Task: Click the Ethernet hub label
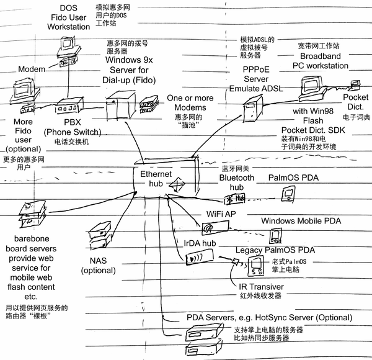coord(151,179)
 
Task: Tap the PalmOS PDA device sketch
coord(286,196)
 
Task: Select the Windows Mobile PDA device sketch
coord(274,235)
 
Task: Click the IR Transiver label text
coord(261,287)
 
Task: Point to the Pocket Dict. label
coord(356,102)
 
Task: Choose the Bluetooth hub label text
coord(237,182)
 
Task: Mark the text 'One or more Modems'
coord(190,102)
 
